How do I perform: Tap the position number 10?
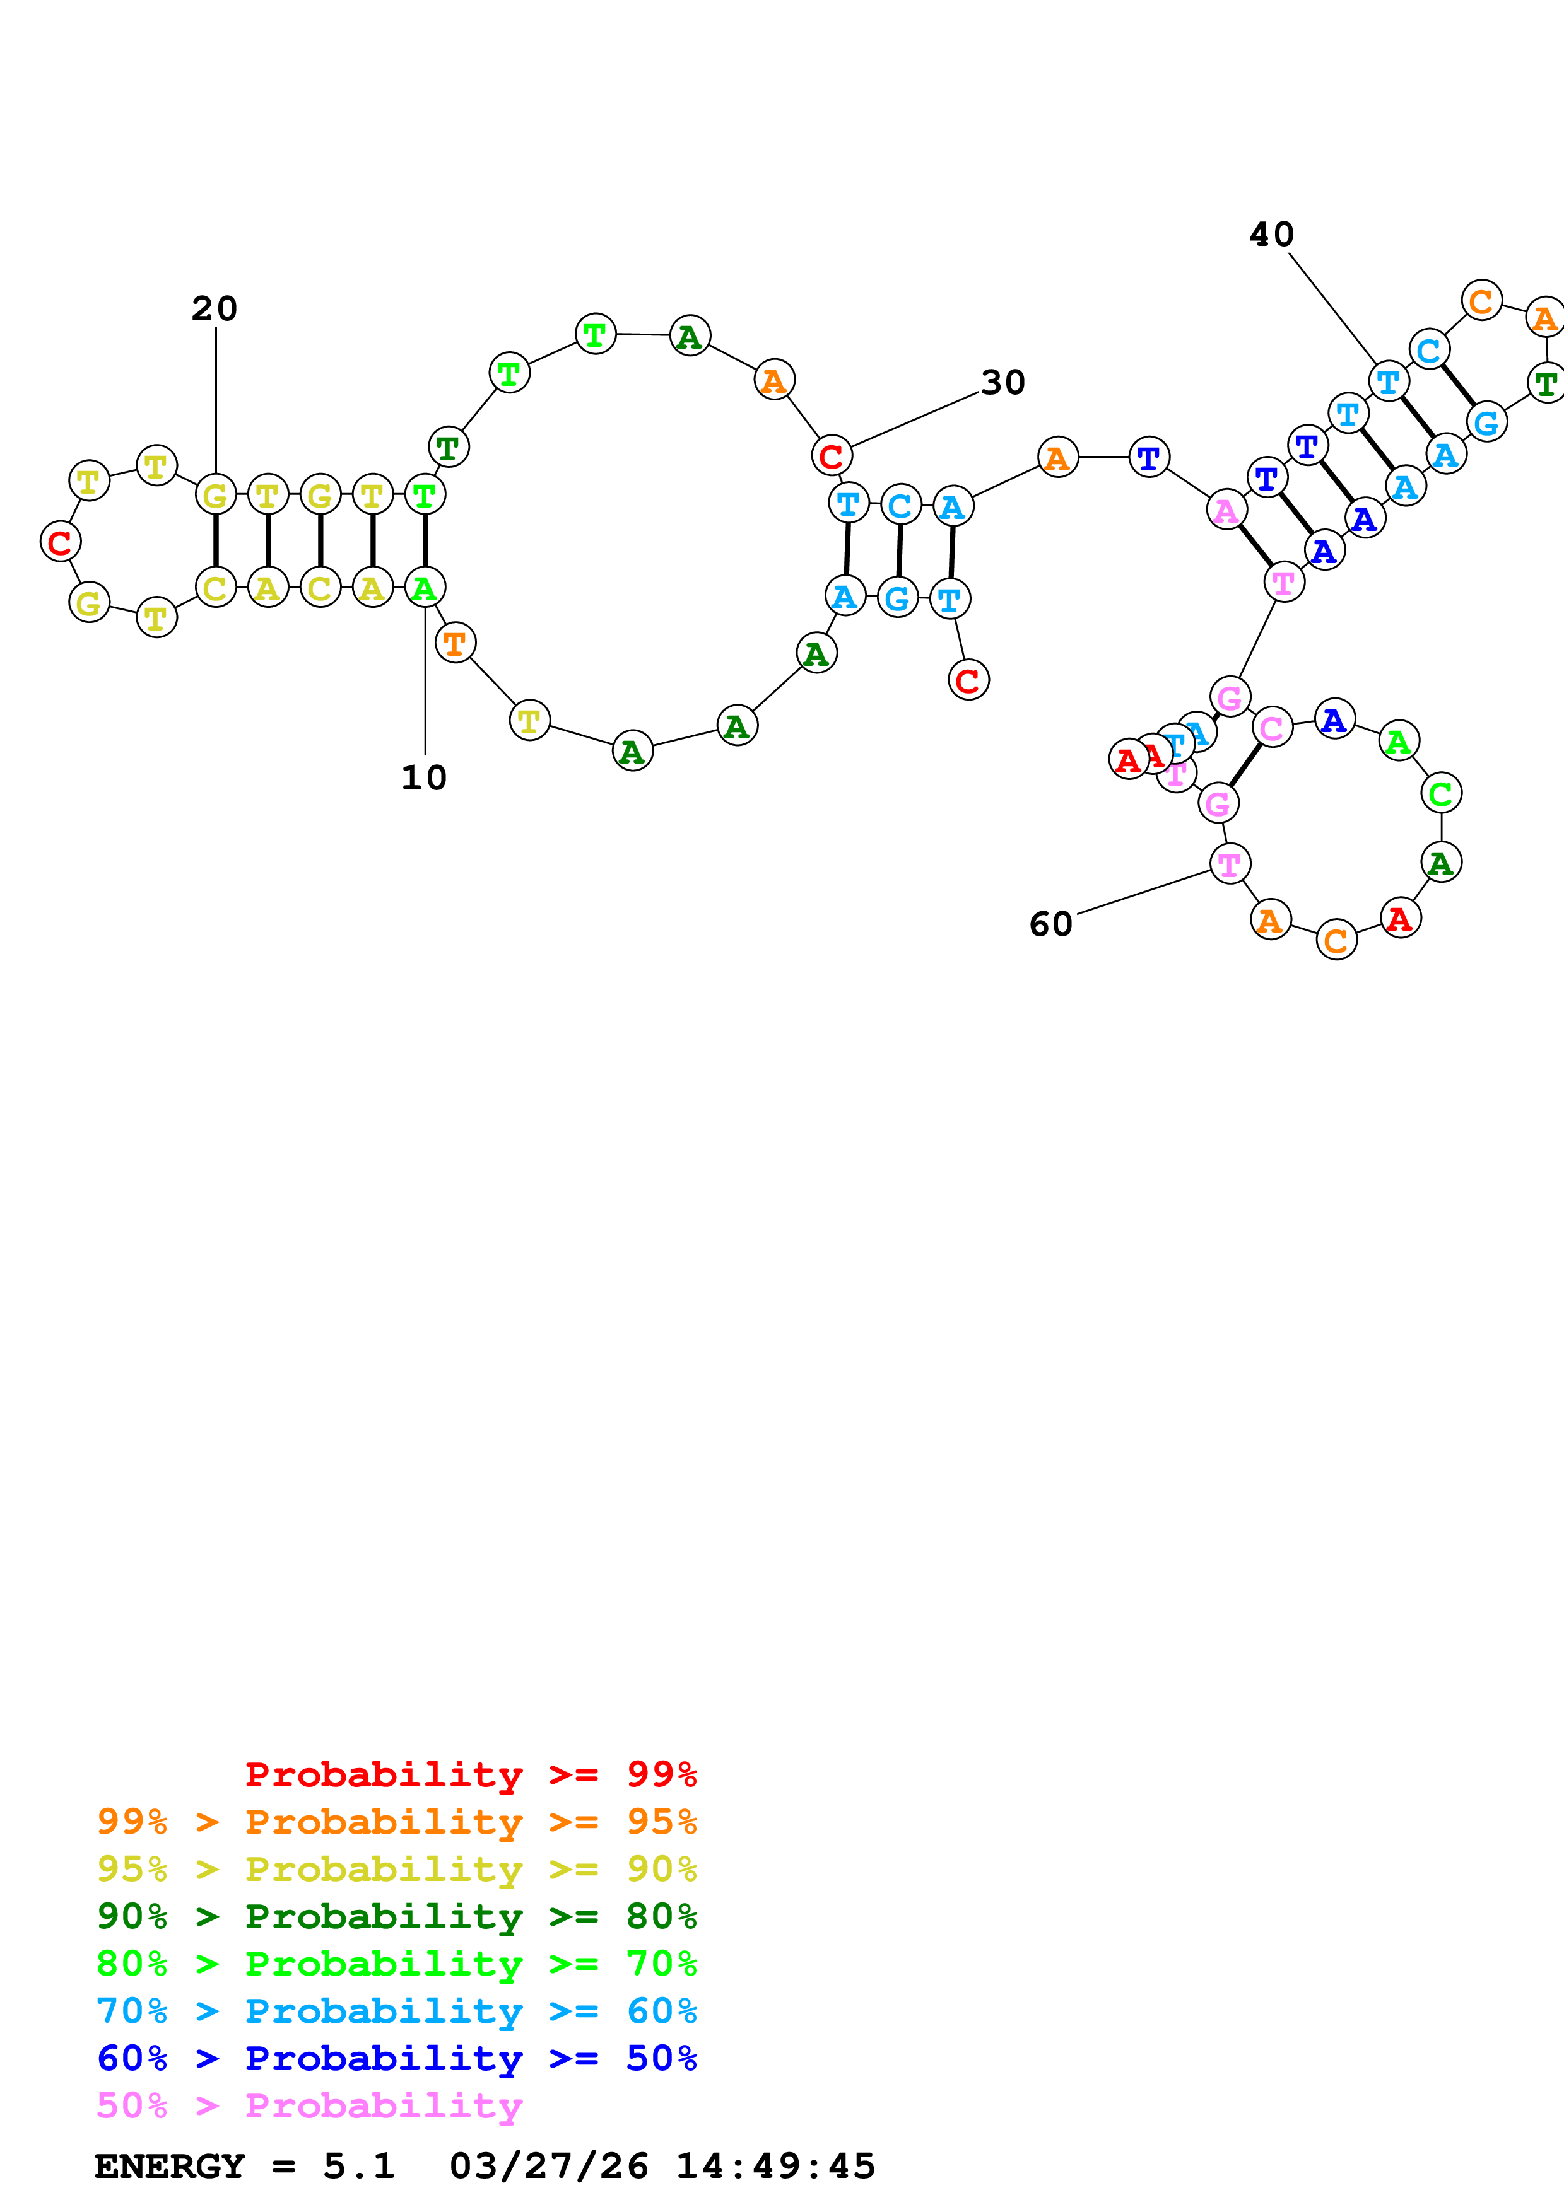(424, 777)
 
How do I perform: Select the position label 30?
(1003, 383)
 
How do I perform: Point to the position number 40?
(1271, 234)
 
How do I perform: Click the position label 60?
(1050, 924)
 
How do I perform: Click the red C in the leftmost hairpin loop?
(60, 542)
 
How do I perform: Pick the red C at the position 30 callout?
(832, 456)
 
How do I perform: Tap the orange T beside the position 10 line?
(455, 642)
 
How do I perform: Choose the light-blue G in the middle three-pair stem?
(897, 598)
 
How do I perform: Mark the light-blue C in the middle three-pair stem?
(900, 505)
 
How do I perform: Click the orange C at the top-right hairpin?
(1481, 301)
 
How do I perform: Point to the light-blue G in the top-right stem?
(1486, 421)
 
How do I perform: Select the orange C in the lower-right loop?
(1336, 940)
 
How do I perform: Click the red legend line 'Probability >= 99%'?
(470, 1774)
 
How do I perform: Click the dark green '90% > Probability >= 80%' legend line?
(396, 1916)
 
